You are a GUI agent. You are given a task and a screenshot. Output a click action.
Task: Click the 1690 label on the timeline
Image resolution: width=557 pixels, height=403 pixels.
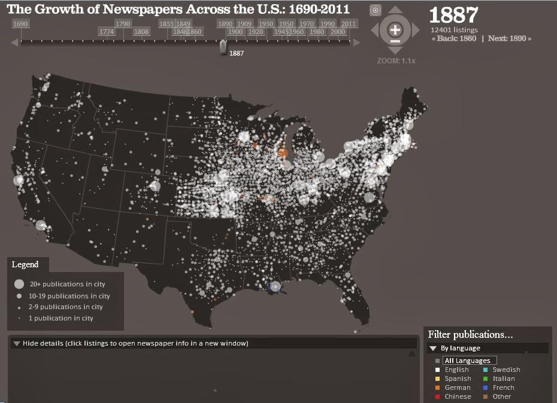20,24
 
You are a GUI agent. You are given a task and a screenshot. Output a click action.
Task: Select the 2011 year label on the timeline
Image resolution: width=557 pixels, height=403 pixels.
349,24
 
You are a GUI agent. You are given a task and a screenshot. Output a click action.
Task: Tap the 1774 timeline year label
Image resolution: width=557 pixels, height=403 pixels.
107,32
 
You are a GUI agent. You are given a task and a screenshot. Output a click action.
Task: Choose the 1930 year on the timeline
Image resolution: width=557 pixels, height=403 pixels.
266,24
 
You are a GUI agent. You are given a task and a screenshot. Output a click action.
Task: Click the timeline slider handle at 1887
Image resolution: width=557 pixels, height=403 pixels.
223,47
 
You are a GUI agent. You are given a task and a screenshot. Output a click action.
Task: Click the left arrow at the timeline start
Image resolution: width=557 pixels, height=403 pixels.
14,42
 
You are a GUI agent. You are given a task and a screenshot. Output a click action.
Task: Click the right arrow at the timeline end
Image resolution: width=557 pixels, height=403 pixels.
357,42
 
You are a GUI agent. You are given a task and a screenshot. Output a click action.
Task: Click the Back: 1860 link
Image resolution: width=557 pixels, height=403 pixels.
454,38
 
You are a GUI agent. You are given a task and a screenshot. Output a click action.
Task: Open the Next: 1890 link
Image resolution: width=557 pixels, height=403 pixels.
509,38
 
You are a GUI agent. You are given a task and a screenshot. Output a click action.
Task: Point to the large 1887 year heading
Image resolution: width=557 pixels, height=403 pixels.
453,15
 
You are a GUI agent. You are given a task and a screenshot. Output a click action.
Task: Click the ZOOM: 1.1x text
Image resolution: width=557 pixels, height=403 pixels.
396,60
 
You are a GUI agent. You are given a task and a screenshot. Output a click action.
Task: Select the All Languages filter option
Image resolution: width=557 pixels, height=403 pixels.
467,361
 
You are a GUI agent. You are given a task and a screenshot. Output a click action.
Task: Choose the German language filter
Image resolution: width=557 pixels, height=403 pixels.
458,387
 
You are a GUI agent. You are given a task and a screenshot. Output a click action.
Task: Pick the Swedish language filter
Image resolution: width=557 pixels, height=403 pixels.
506,370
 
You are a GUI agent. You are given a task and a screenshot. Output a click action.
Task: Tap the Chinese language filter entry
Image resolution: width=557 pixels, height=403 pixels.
458,396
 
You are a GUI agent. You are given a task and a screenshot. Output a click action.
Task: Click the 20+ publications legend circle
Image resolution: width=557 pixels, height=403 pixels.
19,285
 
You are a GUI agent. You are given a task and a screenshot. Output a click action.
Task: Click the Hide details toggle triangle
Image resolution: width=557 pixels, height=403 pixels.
16,343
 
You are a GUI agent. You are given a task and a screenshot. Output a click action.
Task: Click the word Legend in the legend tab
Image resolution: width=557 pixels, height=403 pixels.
25,264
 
